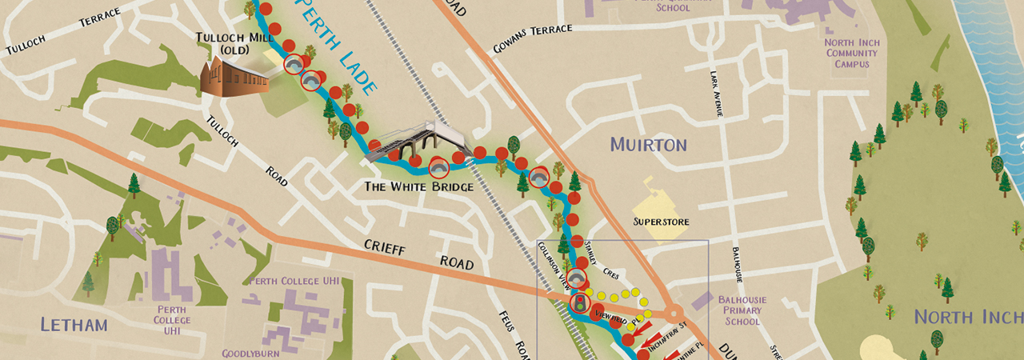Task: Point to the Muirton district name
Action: [x=648, y=145]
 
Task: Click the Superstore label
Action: [x=662, y=222]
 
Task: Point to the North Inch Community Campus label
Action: [x=852, y=54]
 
